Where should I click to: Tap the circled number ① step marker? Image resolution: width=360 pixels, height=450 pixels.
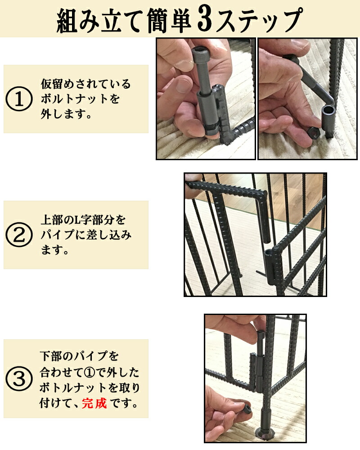pyautogui.click(x=18, y=99)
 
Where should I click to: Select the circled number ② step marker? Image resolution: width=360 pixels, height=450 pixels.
pyautogui.click(x=18, y=235)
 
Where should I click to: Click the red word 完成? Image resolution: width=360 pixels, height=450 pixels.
pyautogui.click(x=94, y=402)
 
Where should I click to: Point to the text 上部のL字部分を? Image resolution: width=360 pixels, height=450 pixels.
pyautogui.click(x=84, y=220)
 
